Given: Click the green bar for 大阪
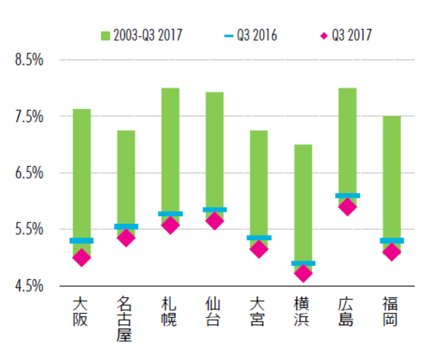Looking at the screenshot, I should coord(81,175).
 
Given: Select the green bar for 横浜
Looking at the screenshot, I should coord(303,203).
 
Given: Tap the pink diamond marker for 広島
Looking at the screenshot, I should coord(347,207).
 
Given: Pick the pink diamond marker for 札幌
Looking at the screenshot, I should coord(170,225).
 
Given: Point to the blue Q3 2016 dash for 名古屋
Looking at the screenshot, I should coord(126,227).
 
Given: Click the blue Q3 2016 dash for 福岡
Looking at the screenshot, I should coord(392,241).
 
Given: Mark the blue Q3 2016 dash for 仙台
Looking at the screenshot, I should coord(214,210).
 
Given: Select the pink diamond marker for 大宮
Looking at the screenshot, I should coord(259,249).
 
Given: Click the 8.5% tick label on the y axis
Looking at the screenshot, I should coord(30,60).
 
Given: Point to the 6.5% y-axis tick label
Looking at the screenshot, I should coord(30,173).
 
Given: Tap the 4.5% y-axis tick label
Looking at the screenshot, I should coord(30,287).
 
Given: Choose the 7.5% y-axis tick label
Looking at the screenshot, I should coord(30,116).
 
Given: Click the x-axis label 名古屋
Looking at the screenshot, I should coord(126,319).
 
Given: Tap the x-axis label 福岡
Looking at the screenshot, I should coord(392,312).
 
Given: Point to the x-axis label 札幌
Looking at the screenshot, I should coord(170,312).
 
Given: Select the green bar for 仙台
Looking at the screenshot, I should coord(214,150).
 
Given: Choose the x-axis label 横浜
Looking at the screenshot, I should coord(303,312).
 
